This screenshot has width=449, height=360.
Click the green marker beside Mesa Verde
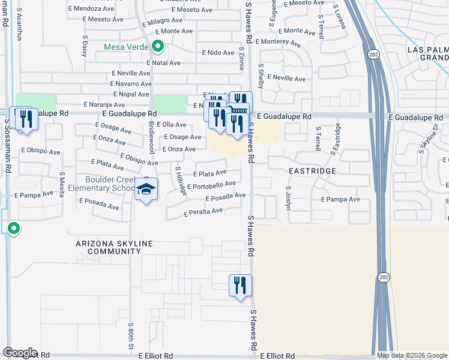coord(158,46)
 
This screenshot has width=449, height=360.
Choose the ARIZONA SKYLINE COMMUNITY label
coord(114,247)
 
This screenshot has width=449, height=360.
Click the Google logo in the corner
coord(20,352)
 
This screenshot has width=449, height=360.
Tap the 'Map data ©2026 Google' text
coord(412,355)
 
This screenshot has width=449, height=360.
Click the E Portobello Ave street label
coord(211,186)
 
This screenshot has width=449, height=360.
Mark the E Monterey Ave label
coord(277,42)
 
